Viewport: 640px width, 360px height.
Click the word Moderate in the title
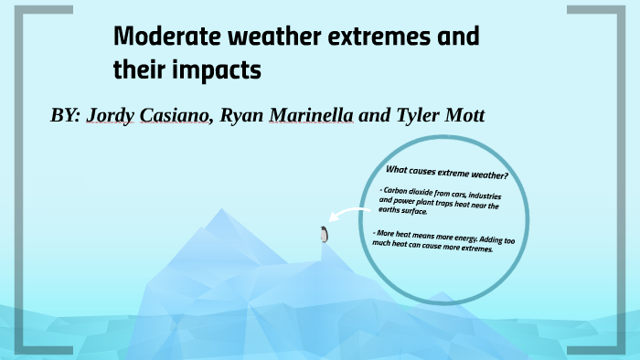click(164, 38)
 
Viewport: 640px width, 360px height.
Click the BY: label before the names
click(65, 116)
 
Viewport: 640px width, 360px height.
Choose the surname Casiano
click(176, 116)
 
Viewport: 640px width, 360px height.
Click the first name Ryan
click(240, 117)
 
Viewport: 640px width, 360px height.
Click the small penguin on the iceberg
click(323, 235)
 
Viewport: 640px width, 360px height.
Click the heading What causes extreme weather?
click(447, 173)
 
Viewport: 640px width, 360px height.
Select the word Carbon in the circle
click(398, 189)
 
